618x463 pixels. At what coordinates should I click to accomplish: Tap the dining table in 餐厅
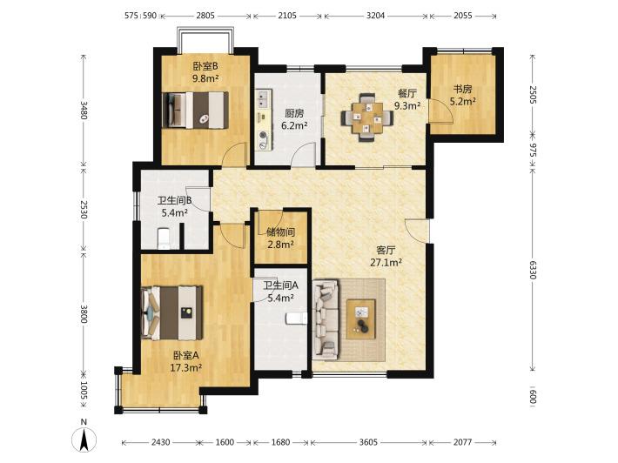[367, 117]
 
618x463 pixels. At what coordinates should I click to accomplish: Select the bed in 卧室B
[196, 110]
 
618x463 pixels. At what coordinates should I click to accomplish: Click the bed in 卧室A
[171, 312]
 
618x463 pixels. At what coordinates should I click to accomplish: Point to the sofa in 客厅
[326, 319]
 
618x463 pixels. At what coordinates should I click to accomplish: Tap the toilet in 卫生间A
[296, 319]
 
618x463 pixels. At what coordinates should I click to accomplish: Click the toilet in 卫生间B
[163, 238]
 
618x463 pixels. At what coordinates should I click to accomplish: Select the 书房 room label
[462, 90]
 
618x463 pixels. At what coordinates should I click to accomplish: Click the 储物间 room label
[280, 232]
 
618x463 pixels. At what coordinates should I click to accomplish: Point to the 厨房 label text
[294, 113]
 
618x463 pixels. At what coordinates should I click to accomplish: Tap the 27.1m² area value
[386, 263]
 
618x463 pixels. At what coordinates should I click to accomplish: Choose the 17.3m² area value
[186, 368]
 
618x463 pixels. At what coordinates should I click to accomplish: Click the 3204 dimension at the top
[375, 16]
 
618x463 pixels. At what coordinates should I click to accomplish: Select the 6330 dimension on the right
[533, 270]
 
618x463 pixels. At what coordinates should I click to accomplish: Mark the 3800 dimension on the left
[84, 313]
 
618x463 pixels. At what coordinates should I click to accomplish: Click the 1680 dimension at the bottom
[280, 442]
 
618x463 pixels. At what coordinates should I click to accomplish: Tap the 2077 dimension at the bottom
[462, 442]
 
